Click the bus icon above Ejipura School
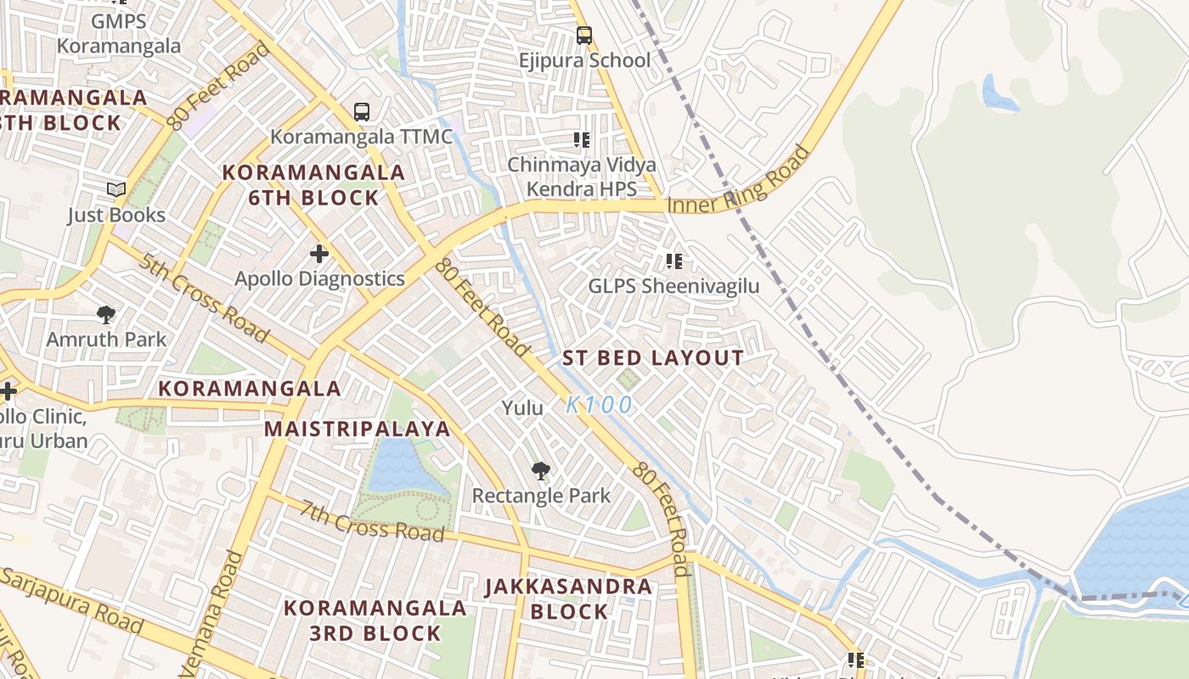pyautogui.click(x=583, y=35)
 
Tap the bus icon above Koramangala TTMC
pyautogui.click(x=362, y=111)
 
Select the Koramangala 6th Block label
pyautogui.click(x=313, y=185)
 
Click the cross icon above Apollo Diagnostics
pyautogui.click(x=319, y=253)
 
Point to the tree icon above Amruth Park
pyautogui.click(x=106, y=315)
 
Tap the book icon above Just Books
pyautogui.click(x=116, y=190)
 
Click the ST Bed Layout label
pyautogui.click(x=653, y=358)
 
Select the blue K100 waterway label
pyautogui.click(x=600, y=405)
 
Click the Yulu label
pyautogui.click(x=522, y=408)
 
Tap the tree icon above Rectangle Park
pyautogui.click(x=540, y=471)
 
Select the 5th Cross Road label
pyautogui.click(x=204, y=298)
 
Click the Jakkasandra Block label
pyautogui.click(x=569, y=598)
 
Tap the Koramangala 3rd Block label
pyautogui.click(x=375, y=620)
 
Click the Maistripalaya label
pyautogui.click(x=357, y=429)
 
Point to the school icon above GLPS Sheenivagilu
pyautogui.click(x=674, y=261)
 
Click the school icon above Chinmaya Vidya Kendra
pyautogui.click(x=582, y=139)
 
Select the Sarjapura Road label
pyautogui.click(x=72, y=601)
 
